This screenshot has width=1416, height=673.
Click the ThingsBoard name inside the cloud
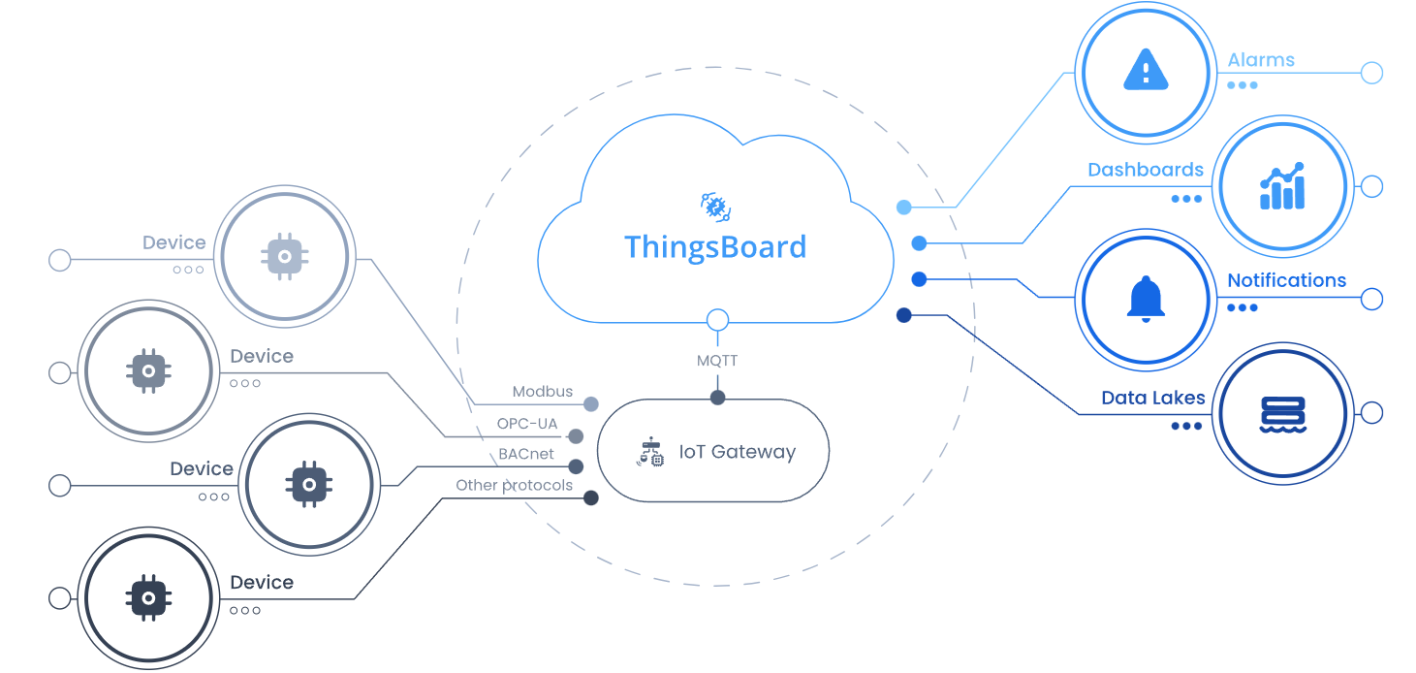[715, 246]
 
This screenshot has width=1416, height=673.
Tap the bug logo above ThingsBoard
[715, 207]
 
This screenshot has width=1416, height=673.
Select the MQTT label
[717, 361]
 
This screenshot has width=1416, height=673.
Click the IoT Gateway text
[737, 452]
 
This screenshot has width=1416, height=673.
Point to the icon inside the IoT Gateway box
[651, 453]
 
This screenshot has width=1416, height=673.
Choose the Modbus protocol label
[543, 392]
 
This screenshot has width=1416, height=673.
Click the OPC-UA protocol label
[527, 424]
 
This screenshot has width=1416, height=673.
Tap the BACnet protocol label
[526, 454]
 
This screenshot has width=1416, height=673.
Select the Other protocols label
[515, 485]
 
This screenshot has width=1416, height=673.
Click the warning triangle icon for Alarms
[1146, 72]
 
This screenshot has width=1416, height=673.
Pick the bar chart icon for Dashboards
[1281, 186]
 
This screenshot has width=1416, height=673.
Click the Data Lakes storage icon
[1282, 413]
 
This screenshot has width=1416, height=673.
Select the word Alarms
[1261, 60]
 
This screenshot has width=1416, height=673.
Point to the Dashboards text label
[1146, 170]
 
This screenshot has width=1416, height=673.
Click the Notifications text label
[1286, 280]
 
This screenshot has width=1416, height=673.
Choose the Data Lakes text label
[1153, 398]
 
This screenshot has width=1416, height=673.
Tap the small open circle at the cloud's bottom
[717, 320]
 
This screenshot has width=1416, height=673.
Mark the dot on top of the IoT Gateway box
[717, 398]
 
